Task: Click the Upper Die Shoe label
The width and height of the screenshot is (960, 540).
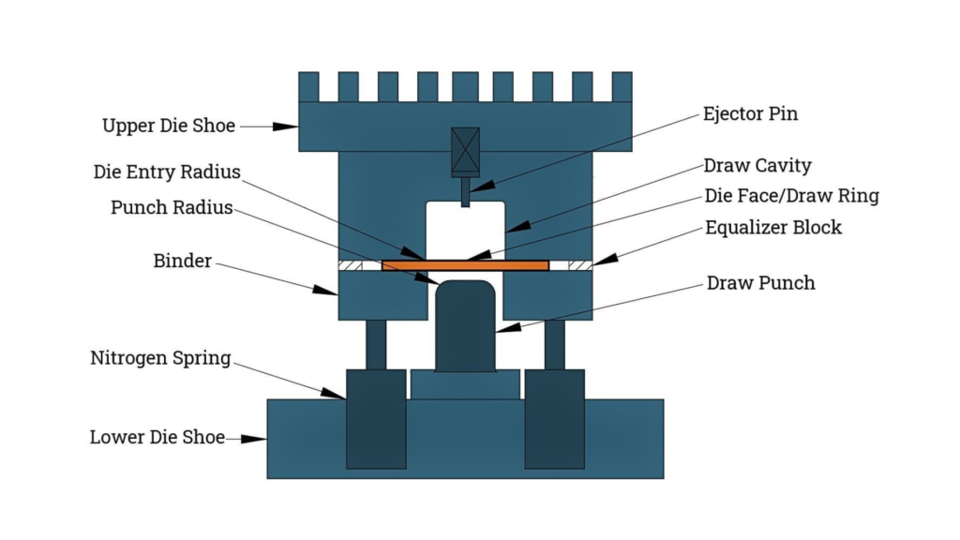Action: point(169,126)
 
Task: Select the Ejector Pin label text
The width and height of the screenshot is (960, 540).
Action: point(750,114)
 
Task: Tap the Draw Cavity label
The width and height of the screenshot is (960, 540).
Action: point(757,166)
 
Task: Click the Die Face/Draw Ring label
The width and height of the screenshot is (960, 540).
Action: point(791,196)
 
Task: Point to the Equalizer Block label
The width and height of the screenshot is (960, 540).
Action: point(773,228)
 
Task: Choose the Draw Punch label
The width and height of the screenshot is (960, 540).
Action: point(760,283)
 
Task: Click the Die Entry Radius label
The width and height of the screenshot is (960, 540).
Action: point(167,172)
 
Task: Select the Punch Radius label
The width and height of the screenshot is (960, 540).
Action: point(172,207)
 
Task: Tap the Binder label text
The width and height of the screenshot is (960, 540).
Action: point(183,261)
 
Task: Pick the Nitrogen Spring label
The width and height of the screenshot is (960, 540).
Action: point(160,358)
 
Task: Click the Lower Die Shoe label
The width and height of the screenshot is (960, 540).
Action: point(157,437)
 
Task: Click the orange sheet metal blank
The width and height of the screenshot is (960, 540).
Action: point(465,265)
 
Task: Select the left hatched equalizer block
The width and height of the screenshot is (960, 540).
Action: point(350,265)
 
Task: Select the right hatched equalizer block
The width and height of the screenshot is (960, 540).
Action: point(580,265)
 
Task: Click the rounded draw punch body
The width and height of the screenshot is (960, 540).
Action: point(465,323)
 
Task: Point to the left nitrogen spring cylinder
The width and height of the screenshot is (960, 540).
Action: point(376,417)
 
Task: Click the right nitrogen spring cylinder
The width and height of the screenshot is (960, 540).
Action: point(554,417)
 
